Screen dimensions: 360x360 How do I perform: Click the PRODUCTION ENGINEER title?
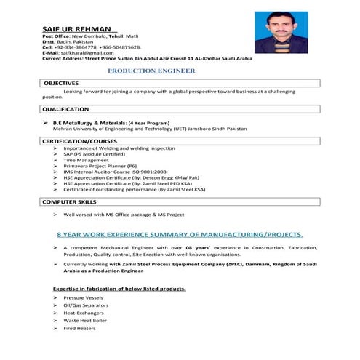151,71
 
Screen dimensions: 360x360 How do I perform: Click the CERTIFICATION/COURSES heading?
80,140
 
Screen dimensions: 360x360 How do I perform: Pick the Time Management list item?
86,159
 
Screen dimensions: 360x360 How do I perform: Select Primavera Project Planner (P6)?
100,166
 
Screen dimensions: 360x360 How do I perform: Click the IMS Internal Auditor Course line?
109,172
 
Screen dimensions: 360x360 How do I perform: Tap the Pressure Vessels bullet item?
84,298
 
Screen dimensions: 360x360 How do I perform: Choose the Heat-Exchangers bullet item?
84,313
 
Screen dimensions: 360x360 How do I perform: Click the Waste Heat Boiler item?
85,320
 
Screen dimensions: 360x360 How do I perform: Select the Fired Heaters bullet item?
79,328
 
